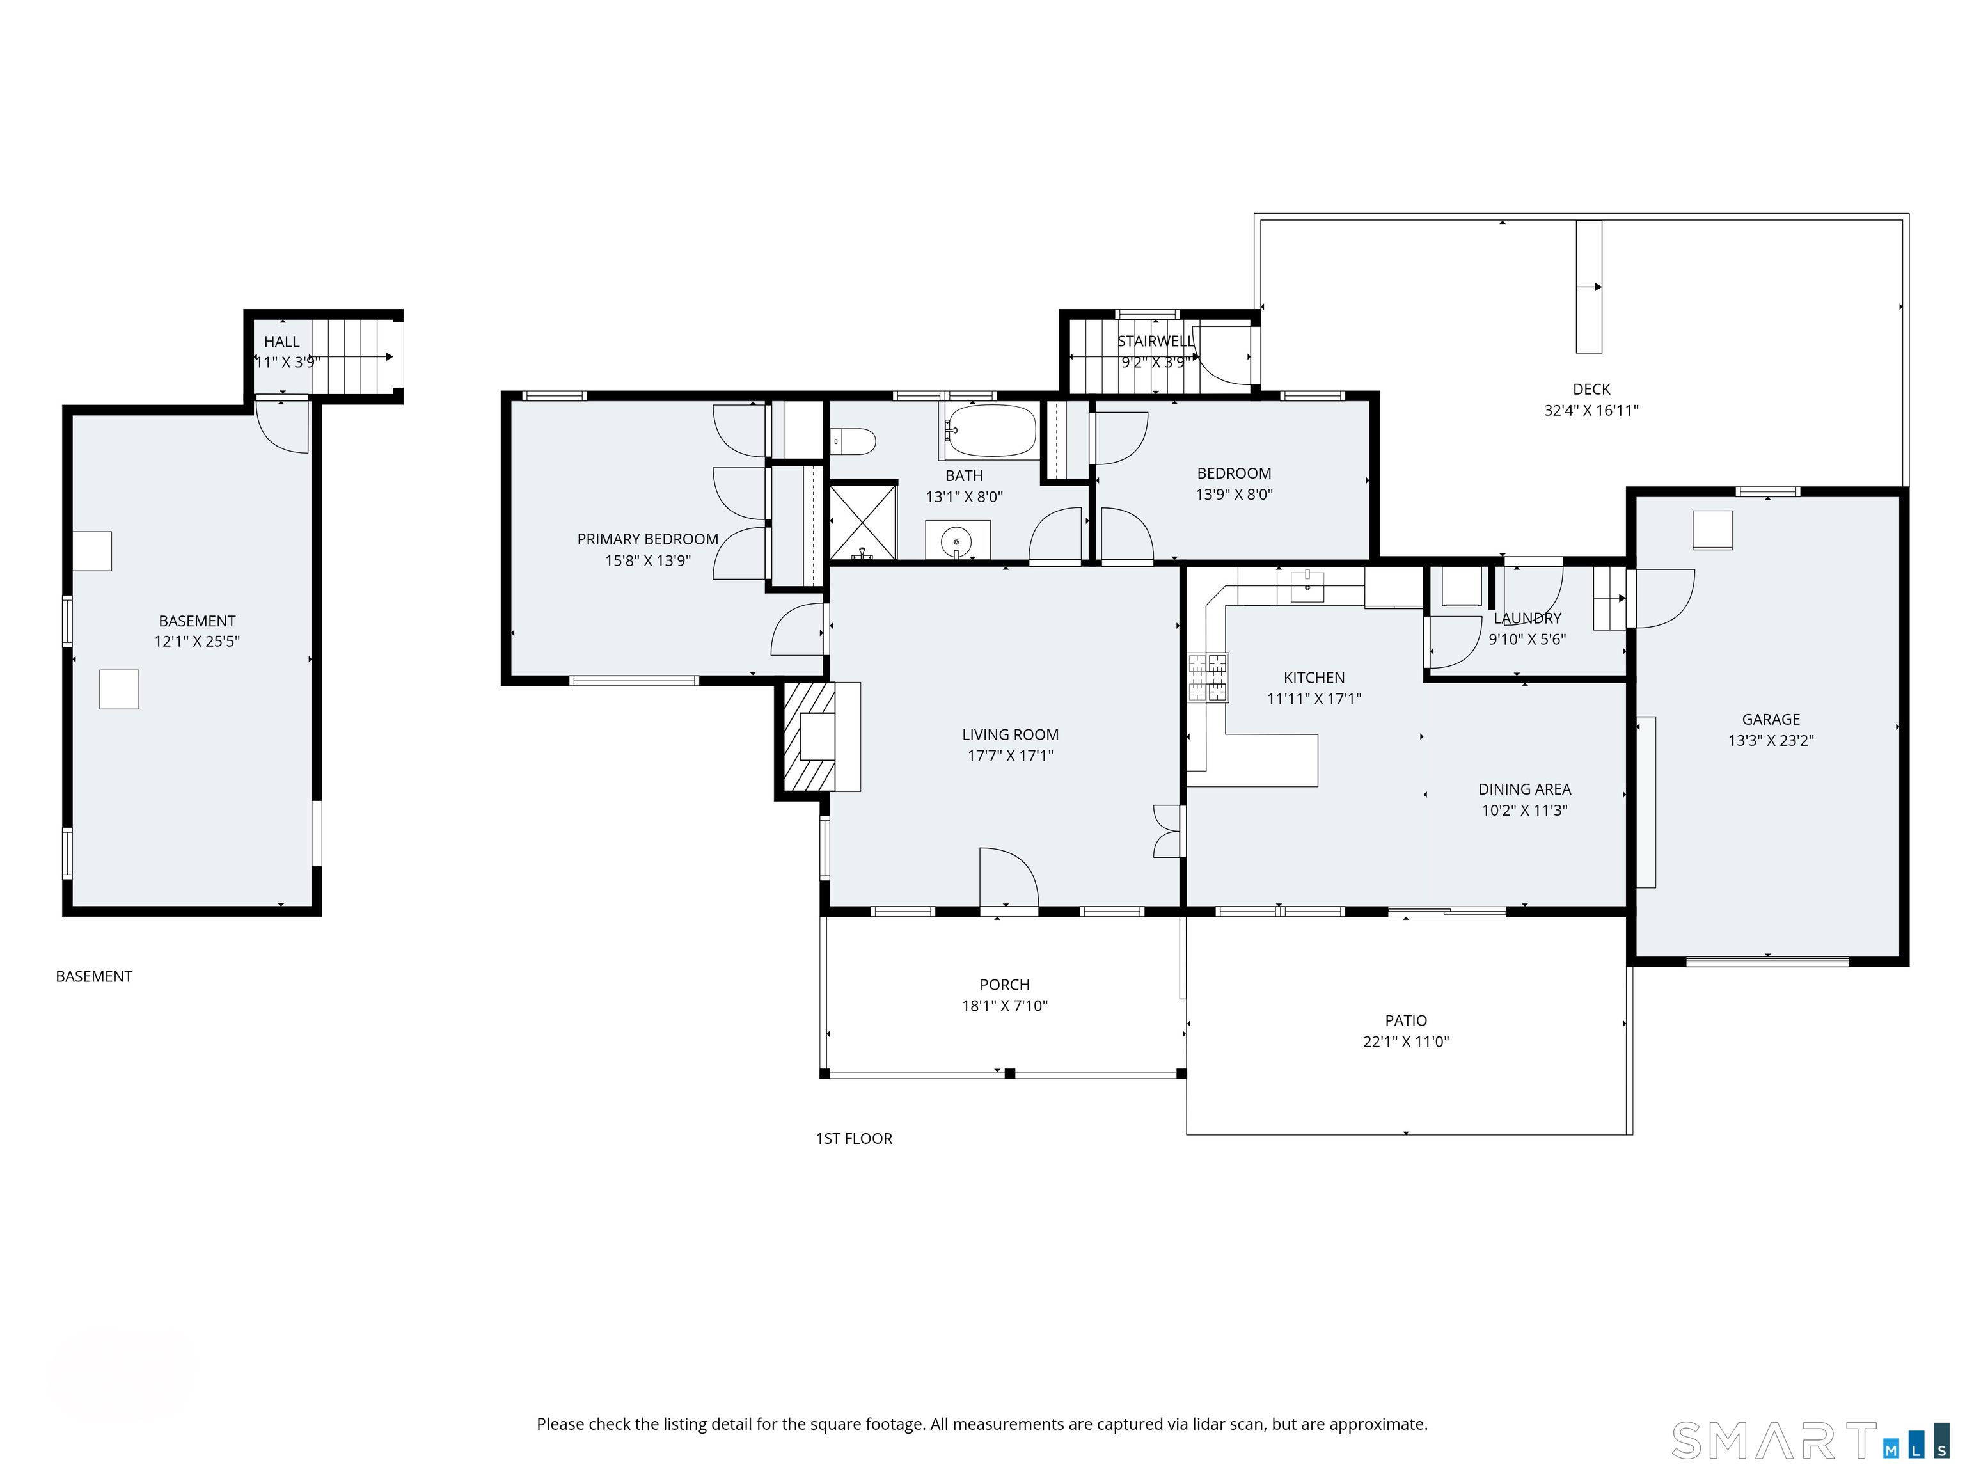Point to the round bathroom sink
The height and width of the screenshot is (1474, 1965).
(x=957, y=539)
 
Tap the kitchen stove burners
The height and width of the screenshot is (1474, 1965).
(x=1208, y=678)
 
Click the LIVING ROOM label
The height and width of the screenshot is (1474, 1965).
(x=1010, y=735)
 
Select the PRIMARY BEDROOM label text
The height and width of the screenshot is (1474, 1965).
(x=647, y=539)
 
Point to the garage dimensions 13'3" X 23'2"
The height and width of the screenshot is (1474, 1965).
(x=1771, y=740)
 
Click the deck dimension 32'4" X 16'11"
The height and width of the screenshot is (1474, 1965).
(x=1591, y=411)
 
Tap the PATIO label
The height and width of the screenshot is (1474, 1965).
(x=1406, y=1021)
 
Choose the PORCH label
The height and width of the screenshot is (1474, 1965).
(x=1005, y=985)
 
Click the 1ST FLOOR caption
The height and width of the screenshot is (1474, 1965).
(x=854, y=1138)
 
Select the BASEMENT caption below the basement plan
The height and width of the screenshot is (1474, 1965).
(x=94, y=976)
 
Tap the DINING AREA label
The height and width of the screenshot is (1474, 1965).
(x=1524, y=789)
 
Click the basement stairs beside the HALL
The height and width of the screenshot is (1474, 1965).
(x=354, y=356)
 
